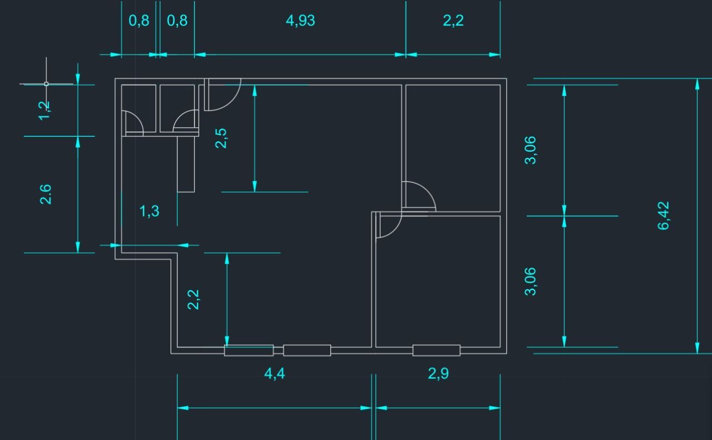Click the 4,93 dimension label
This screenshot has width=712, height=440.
(x=300, y=21)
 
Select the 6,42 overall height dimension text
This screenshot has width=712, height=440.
(x=664, y=215)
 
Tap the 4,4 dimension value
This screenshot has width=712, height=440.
(x=275, y=374)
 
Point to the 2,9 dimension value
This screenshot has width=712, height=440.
(x=438, y=374)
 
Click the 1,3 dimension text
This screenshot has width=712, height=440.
(x=150, y=211)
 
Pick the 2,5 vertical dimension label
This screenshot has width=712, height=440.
(x=221, y=139)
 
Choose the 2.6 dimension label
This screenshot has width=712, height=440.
(x=46, y=194)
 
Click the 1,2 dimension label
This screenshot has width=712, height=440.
(x=44, y=111)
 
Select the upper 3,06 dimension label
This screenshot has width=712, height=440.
(x=530, y=150)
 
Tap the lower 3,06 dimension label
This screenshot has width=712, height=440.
(x=530, y=281)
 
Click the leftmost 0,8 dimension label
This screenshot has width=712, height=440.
(x=139, y=21)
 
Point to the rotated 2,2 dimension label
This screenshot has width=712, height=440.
(x=193, y=299)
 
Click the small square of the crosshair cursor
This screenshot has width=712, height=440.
(x=46, y=84)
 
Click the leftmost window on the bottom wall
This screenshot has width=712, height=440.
(x=249, y=350)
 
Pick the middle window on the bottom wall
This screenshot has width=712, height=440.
(x=307, y=350)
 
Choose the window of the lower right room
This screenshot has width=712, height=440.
(x=437, y=350)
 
